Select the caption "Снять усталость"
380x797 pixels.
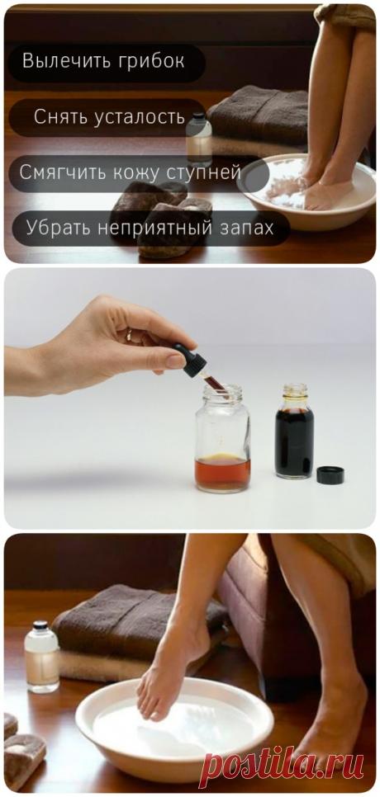click(109, 117)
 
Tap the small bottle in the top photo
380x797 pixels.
click(198, 136)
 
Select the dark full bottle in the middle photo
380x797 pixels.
click(294, 433)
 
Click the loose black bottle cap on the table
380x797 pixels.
click(329, 474)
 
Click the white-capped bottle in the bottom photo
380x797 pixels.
click(40, 656)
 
